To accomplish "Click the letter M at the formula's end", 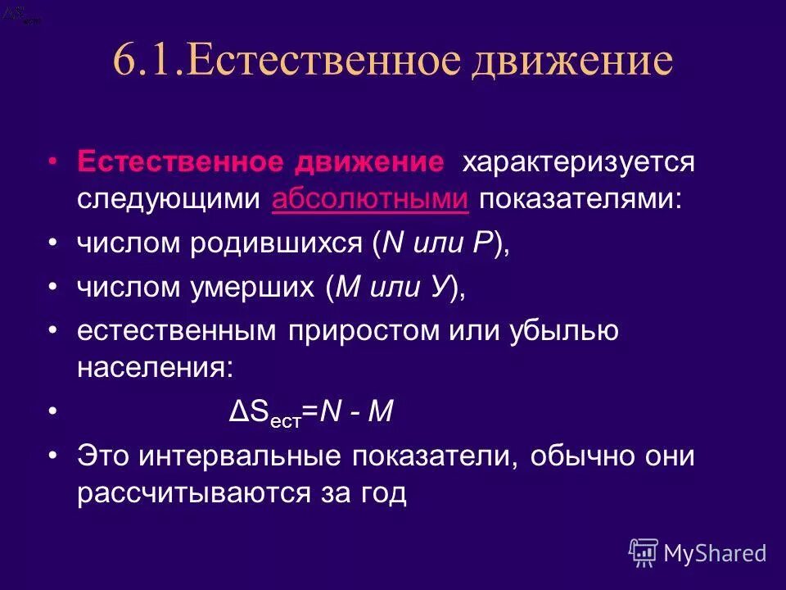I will click(382, 412).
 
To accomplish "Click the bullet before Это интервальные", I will click(53, 456).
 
